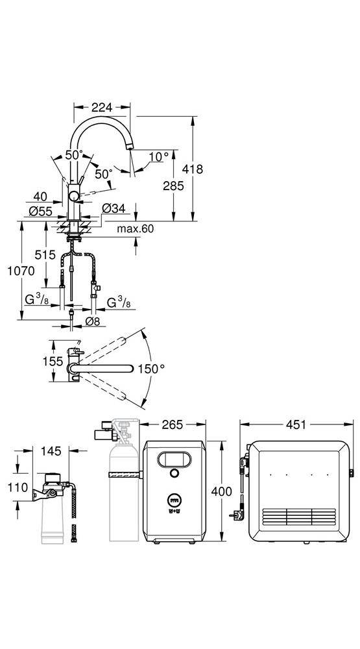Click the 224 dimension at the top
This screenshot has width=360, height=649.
pyautogui.click(x=102, y=108)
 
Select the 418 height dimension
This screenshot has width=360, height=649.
pyautogui.click(x=193, y=169)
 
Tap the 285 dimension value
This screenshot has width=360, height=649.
pyautogui.click(x=173, y=186)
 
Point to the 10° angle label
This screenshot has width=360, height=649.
pyautogui.click(x=159, y=157)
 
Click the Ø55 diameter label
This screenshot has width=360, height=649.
pyautogui.click(x=41, y=212)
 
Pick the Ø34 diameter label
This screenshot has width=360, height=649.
pyautogui.click(x=114, y=209)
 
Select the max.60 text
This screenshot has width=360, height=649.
pyautogui.click(x=136, y=228)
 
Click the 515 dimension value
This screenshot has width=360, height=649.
pyautogui.click(x=45, y=255)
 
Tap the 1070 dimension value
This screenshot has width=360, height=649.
pyautogui.click(x=21, y=271)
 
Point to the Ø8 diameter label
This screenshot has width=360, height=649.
pyautogui.click(x=91, y=321)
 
